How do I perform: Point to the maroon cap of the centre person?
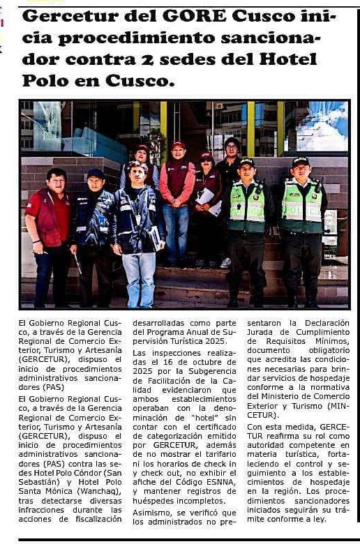(179, 146)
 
